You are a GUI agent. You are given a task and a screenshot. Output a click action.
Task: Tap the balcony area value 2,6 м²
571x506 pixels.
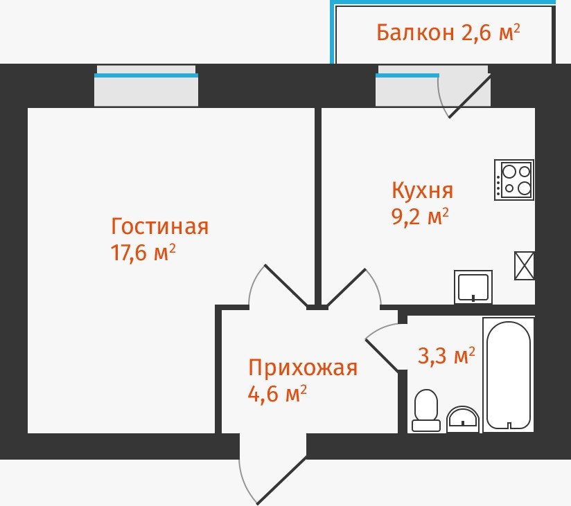coord(491,33)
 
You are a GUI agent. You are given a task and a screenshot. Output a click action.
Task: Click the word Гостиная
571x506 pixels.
coord(159,226)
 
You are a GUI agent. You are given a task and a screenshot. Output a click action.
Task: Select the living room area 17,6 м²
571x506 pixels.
coord(143,253)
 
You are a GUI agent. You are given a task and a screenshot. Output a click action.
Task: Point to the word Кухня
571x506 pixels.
coord(422,190)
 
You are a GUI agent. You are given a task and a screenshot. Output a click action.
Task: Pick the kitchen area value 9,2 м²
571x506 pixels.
coord(420,217)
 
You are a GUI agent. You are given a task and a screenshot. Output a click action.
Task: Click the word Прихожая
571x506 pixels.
coord(303,368)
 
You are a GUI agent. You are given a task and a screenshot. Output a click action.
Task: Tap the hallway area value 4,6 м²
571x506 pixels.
coord(277,394)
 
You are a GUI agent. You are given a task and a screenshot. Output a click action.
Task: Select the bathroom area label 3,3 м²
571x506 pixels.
coord(446,356)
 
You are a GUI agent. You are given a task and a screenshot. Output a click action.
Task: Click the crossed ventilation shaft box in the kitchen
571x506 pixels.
coord(525,265)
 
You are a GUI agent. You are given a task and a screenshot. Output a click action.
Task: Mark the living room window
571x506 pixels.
coord(146,89)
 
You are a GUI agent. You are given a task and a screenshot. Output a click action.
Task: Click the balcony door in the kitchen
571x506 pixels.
coord(470,96)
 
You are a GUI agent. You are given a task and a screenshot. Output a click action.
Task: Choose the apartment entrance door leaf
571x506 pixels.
coord(281,480)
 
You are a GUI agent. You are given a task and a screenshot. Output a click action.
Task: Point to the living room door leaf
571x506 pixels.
coord(285,285)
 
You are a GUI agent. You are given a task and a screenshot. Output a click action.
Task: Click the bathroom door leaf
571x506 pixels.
coord(382,355)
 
